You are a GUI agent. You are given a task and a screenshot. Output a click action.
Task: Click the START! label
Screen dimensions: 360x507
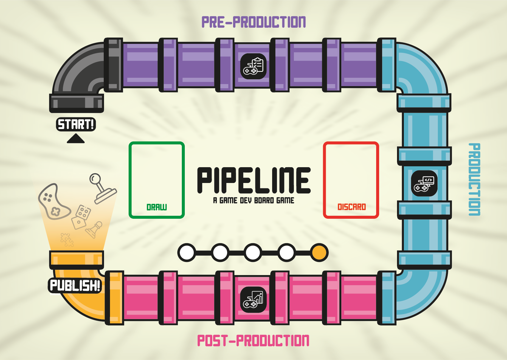[x=76, y=124]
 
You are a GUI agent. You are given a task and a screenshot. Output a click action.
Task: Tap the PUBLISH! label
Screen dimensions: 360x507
[x=75, y=285]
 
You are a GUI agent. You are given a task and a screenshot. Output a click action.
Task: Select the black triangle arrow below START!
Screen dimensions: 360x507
[x=76, y=139]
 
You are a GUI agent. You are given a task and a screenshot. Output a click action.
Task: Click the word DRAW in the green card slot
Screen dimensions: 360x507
[x=156, y=207]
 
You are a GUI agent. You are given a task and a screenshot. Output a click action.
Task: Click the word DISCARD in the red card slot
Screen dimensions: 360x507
[x=351, y=207]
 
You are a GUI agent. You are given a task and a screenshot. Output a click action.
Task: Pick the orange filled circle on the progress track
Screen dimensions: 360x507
[x=319, y=253]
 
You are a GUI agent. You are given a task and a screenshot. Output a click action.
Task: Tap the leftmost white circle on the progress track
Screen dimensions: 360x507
[x=187, y=253]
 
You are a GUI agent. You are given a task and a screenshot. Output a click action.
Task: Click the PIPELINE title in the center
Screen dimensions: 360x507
[x=254, y=180]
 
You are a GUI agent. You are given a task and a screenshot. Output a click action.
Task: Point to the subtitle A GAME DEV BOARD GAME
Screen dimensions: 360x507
[x=254, y=201]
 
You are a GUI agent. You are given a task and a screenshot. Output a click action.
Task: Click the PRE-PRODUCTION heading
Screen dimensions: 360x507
[x=254, y=22]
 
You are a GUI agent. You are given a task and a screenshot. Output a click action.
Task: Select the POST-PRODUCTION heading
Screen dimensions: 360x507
[x=253, y=341]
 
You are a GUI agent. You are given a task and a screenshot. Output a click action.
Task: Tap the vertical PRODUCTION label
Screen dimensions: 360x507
[x=474, y=179]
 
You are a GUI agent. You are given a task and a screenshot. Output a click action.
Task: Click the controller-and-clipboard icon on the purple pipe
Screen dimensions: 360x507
[x=253, y=66]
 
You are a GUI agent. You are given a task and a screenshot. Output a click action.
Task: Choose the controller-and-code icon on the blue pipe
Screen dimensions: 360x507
[x=424, y=183]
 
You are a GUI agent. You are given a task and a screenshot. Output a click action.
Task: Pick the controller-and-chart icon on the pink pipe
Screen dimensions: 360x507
[x=253, y=300]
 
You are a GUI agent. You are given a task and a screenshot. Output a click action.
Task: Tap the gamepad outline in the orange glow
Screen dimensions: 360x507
[x=53, y=202]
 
